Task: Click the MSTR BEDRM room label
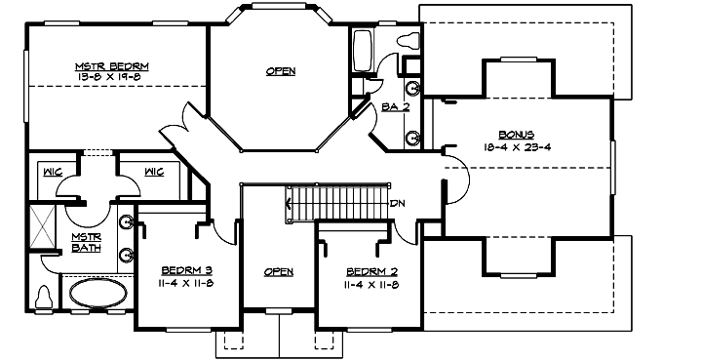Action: point(118,66)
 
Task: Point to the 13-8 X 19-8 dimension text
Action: point(118,76)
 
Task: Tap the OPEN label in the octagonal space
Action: point(280,71)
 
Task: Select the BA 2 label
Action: point(395,106)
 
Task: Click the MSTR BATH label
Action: point(86,243)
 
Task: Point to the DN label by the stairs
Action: point(397,204)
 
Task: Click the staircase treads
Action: point(336,202)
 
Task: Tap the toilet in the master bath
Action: point(44,296)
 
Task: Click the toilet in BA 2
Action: point(407,42)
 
